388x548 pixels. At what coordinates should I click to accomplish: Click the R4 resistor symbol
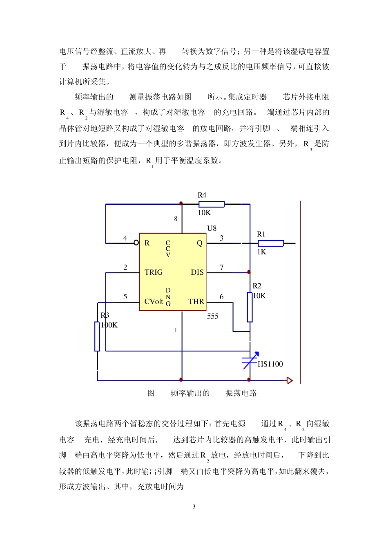(x=212, y=204)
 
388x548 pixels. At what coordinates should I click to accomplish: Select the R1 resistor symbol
(x=270, y=243)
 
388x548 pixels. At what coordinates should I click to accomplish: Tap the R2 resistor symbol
(x=250, y=307)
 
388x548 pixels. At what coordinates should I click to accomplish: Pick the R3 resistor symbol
(x=97, y=336)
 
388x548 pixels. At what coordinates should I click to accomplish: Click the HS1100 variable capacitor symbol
(x=250, y=360)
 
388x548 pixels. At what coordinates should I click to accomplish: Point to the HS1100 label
(x=270, y=364)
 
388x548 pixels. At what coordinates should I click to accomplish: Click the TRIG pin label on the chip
(x=154, y=272)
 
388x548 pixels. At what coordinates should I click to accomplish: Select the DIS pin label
(x=197, y=272)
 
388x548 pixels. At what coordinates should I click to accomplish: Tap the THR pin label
(x=196, y=302)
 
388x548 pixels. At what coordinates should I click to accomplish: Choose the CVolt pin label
(x=154, y=302)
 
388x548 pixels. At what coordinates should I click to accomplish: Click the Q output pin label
(x=200, y=243)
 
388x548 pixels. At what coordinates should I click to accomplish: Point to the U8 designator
(x=212, y=228)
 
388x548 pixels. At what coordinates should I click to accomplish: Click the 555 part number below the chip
(x=213, y=316)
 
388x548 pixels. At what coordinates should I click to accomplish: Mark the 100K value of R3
(x=109, y=325)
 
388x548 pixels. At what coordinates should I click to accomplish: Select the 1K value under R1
(x=261, y=252)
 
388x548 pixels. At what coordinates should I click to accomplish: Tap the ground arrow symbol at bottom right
(x=290, y=380)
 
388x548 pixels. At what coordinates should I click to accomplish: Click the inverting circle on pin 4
(x=136, y=243)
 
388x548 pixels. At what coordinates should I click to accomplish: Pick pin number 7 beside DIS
(x=222, y=267)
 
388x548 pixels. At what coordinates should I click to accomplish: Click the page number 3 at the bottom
(x=194, y=507)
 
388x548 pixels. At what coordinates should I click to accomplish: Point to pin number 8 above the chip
(x=176, y=219)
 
